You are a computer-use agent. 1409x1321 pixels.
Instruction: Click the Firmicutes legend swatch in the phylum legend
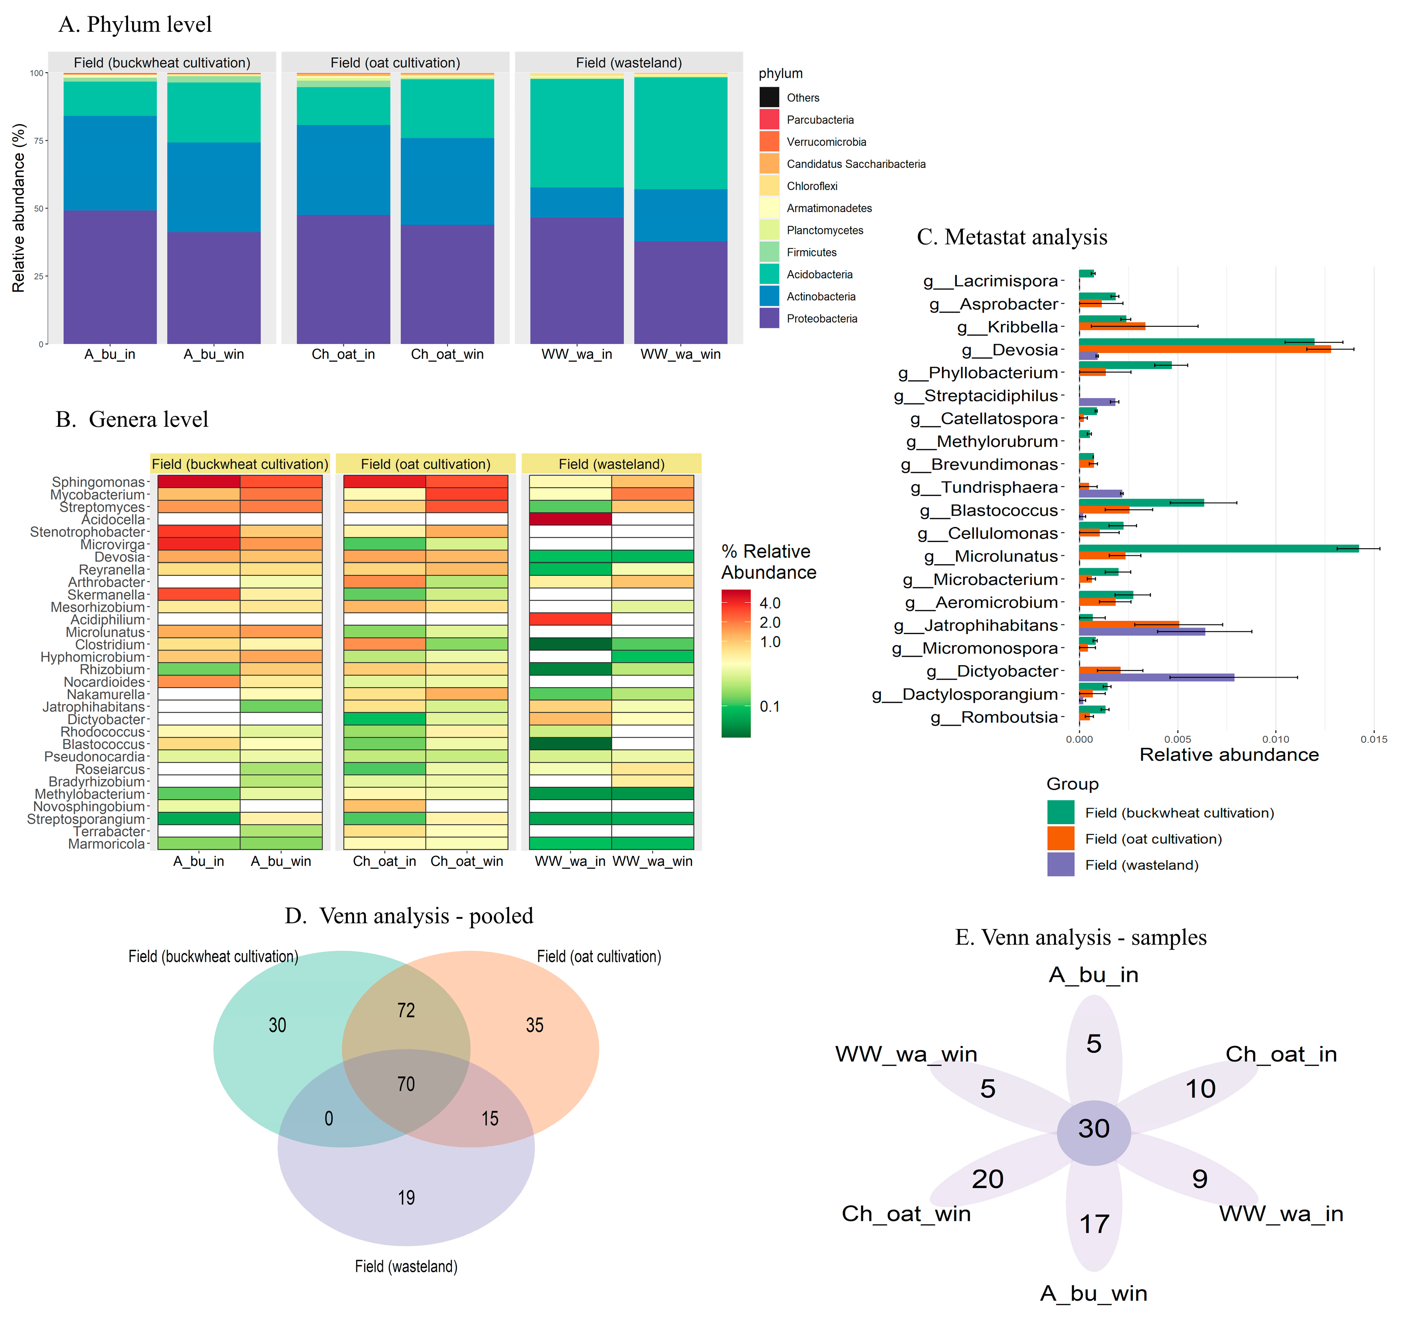point(769,252)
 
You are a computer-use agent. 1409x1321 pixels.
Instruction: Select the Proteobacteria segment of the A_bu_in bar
point(110,276)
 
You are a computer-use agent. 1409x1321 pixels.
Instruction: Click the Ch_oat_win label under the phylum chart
point(447,354)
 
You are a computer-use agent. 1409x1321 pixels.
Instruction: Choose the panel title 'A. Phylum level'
point(135,25)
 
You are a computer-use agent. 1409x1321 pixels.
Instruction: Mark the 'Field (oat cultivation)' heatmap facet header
point(425,464)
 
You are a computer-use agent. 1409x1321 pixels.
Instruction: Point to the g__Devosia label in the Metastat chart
point(1009,350)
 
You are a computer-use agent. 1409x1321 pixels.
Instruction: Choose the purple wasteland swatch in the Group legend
point(1060,865)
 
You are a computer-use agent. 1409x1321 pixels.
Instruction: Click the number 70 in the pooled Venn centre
point(406,1084)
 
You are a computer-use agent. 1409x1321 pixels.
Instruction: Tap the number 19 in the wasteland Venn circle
point(406,1197)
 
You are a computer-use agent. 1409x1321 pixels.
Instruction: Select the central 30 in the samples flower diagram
point(1094,1128)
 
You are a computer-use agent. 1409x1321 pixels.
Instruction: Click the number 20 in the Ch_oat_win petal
point(987,1179)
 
